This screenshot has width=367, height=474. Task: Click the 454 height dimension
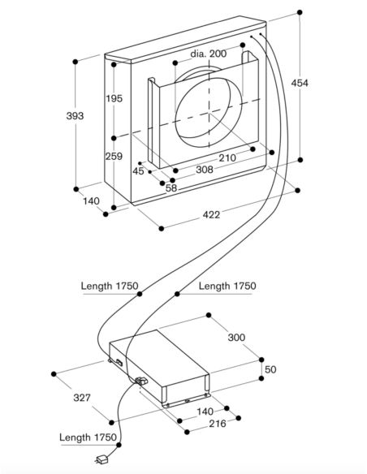pyautogui.click(x=300, y=83)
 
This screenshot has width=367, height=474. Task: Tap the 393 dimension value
pyautogui.click(x=75, y=115)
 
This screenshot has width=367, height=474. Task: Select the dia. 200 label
pyautogui.click(x=209, y=54)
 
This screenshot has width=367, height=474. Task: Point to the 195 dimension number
pyautogui.click(x=114, y=98)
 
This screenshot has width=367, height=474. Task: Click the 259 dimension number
pyautogui.click(x=114, y=157)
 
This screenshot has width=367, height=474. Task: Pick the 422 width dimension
pyautogui.click(x=211, y=214)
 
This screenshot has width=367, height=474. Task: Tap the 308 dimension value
pyautogui.click(x=205, y=170)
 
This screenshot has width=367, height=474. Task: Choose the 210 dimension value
pyautogui.click(x=227, y=157)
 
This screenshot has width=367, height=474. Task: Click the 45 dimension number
pyautogui.click(x=138, y=171)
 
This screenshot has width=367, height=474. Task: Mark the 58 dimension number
pyautogui.click(x=171, y=188)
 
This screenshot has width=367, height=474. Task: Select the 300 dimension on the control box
pyautogui.click(x=236, y=338)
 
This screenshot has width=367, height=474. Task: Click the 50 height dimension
pyautogui.click(x=270, y=369)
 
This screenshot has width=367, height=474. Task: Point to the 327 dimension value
pyautogui.click(x=82, y=397)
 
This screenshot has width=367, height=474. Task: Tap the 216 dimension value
pyautogui.click(x=218, y=424)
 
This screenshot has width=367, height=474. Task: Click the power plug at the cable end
pyautogui.click(x=101, y=459)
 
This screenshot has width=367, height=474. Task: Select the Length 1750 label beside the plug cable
pyautogui.click(x=88, y=437)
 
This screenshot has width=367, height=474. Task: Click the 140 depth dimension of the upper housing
pyautogui.click(x=91, y=200)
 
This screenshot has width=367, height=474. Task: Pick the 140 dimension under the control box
pyautogui.click(x=205, y=412)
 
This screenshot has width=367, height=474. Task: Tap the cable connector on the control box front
pyautogui.click(x=141, y=381)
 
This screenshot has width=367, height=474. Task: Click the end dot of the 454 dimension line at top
pyautogui.click(x=300, y=12)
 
